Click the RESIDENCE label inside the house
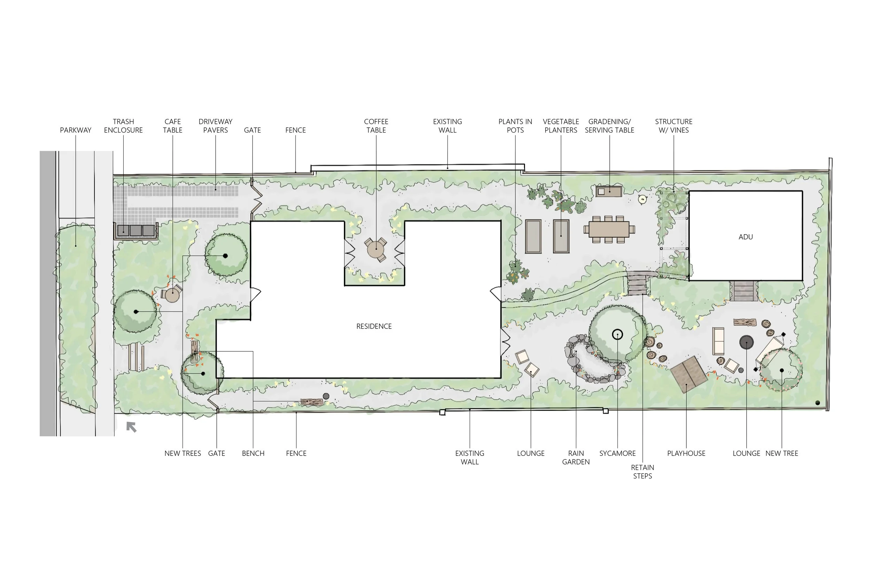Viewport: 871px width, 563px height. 373,326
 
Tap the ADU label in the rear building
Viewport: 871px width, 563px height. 746,237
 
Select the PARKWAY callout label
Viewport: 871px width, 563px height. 75,130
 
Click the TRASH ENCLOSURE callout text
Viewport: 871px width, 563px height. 123,126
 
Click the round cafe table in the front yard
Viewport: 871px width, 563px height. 172,295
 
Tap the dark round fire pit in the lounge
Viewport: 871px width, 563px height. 746,342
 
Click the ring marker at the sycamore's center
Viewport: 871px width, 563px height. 617,334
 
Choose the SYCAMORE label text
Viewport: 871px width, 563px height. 617,453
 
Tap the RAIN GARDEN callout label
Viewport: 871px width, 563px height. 576,458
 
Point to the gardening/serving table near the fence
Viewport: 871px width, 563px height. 609,191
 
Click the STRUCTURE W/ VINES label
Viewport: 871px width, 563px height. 673,126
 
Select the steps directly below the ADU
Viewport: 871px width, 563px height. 743,291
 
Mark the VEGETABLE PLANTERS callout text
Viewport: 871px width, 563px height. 561,126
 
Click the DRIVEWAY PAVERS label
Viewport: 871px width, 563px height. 215,126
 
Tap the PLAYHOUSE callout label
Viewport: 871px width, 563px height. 686,453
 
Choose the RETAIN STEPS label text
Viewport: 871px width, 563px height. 642,471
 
